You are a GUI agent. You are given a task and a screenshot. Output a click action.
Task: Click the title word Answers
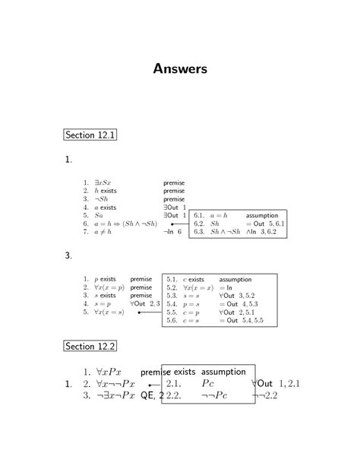[x=180, y=69]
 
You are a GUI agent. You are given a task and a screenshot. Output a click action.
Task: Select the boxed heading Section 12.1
[x=90, y=135]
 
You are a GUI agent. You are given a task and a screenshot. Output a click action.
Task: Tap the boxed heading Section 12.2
[x=90, y=346]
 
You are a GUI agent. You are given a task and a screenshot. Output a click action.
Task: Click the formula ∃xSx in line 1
[x=103, y=183]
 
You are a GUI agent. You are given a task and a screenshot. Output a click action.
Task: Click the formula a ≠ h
[x=103, y=233]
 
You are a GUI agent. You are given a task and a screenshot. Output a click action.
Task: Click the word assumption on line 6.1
[x=262, y=216]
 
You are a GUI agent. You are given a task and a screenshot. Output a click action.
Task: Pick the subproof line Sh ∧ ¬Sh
[x=226, y=232]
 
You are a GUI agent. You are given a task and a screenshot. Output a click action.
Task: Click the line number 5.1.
[x=172, y=280]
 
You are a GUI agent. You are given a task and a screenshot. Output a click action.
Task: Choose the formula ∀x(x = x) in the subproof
[x=198, y=288]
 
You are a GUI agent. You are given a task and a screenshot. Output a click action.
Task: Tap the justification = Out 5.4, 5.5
[x=242, y=321]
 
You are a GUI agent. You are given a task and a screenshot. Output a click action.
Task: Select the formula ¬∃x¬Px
[x=115, y=395]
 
